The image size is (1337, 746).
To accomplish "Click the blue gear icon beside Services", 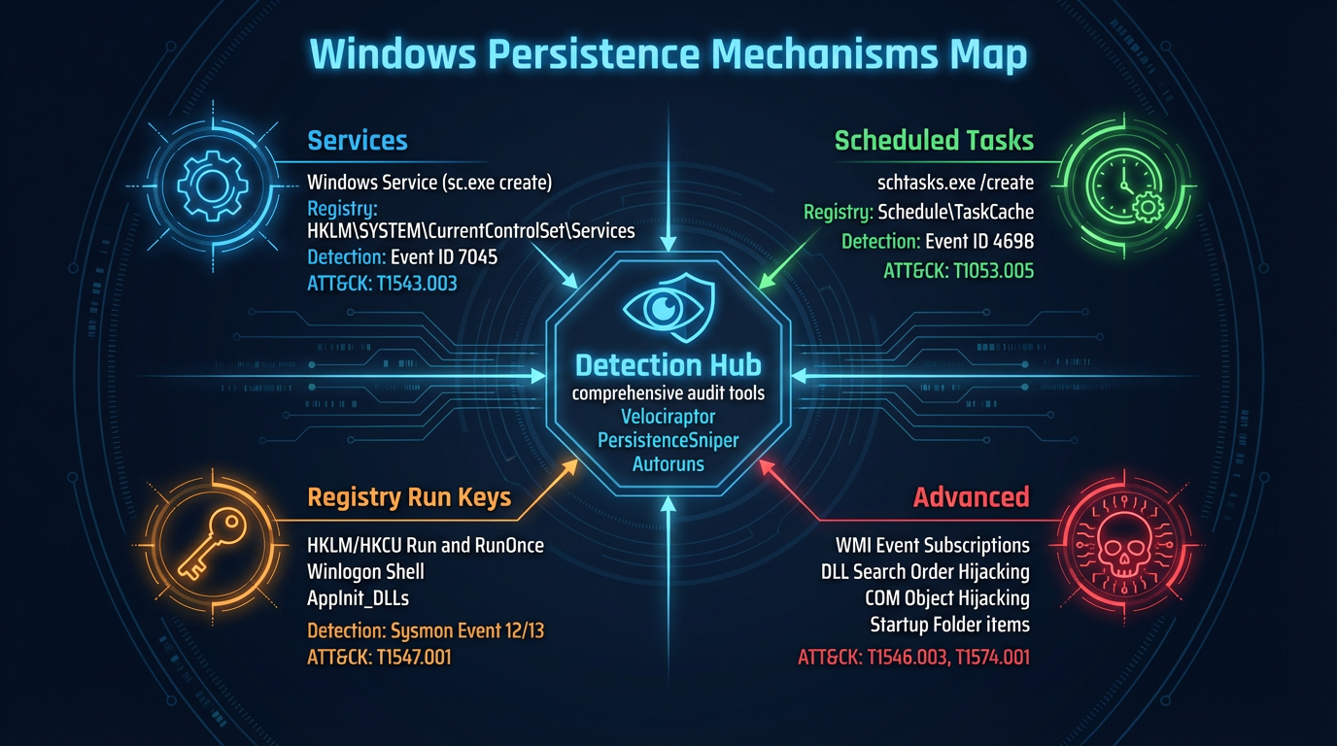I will point(209,183).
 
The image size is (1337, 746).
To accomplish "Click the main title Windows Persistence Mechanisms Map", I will point(668,54).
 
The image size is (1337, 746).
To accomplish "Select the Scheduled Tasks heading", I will point(934,141).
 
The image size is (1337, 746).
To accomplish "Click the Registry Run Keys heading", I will point(409,498).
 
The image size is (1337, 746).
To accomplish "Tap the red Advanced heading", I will point(971,497).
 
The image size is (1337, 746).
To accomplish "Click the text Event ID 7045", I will point(444,257).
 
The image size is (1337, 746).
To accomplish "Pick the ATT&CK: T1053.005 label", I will point(958,271).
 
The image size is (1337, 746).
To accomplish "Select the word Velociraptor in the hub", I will point(668,417).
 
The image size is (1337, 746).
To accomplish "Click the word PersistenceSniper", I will point(668,440).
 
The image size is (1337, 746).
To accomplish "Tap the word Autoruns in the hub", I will point(668,464).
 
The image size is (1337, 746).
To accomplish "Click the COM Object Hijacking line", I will point(947,597).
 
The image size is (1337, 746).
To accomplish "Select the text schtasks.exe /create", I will point(955,183).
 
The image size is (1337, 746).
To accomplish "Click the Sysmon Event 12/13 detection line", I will point(426,630).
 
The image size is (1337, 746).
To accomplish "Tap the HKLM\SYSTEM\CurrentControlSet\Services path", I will point(470,231).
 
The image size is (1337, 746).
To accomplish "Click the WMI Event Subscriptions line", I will point(932,545).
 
